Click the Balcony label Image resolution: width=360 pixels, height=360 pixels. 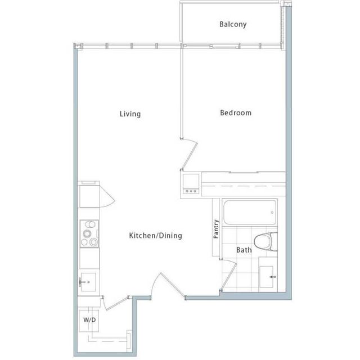click(x=233, y=24)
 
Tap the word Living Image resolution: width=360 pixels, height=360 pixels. click(x=130, y=114)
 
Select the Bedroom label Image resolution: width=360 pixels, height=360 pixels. click(x=236, y=112)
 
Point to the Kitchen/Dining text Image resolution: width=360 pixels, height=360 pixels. click(x=155, y=236)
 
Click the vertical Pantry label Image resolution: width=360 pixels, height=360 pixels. click(x=216, y=229)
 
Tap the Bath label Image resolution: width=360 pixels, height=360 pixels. click(x=244, y=250)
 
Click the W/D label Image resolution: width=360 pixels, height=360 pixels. click(x=89, y=320)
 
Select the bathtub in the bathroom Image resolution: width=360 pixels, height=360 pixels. click(x=250, y=213)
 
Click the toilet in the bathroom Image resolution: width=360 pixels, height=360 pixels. click(x=265, y=241)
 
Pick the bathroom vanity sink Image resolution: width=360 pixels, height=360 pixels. click(x=268, y=276)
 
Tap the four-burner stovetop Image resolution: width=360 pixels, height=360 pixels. click(x=89, y=234)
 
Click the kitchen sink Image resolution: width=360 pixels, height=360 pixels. click(x=88, y=282)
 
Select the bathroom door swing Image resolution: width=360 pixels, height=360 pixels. click(x=228, y=275)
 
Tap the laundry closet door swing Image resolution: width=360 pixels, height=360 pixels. click(x=115, y=303)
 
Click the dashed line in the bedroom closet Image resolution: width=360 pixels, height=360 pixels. click(x=244, y=186)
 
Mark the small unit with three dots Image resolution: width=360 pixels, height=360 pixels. click(x=191, y=184)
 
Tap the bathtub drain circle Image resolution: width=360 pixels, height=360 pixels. click(x=272, y=213)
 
